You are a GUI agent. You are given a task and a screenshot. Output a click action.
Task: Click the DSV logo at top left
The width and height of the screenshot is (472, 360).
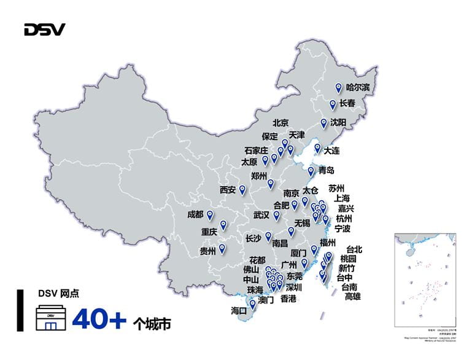44,29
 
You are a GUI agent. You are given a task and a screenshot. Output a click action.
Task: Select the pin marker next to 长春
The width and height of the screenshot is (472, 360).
333,104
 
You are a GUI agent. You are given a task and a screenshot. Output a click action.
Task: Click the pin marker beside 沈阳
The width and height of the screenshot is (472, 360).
323,123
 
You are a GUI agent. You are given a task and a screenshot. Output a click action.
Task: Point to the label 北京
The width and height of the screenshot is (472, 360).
280,122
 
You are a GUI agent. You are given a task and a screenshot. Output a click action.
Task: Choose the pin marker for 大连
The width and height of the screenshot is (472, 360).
317,148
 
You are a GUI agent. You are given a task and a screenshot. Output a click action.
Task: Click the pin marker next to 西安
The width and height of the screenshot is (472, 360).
242,189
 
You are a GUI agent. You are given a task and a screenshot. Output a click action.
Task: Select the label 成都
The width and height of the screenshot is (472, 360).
196,215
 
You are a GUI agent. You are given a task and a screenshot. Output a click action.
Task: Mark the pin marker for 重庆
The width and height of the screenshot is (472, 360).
223,225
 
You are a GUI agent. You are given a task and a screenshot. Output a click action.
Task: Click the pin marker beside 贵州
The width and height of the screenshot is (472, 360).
222,249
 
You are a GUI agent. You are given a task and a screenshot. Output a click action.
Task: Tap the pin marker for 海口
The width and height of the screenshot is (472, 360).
252,303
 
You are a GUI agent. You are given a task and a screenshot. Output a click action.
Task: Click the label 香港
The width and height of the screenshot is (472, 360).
288,299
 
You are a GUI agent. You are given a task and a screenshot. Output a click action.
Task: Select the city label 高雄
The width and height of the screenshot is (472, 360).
353,297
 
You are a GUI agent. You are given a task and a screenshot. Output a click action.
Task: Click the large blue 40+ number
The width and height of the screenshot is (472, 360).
99,319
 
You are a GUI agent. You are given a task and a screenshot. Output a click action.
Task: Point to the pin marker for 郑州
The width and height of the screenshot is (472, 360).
271,183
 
